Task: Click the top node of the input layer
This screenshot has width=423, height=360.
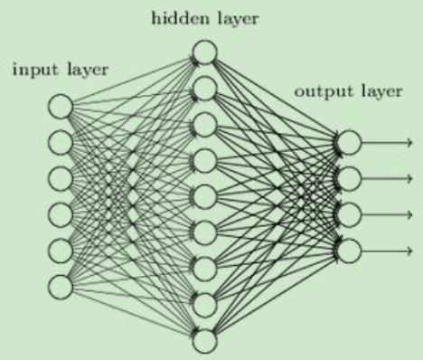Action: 61,108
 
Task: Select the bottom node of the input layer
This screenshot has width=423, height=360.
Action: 61,286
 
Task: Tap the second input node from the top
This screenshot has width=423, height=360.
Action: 61,143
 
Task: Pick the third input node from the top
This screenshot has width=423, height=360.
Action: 61,178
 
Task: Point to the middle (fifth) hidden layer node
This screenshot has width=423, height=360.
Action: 205,195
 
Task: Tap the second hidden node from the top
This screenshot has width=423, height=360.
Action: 205,89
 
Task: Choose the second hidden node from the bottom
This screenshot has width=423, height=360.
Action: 205,303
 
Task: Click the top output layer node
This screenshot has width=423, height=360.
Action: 350,143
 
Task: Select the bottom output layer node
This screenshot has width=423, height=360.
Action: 350,250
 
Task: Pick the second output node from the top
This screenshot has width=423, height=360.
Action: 350,178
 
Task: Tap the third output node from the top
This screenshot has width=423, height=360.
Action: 350,214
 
